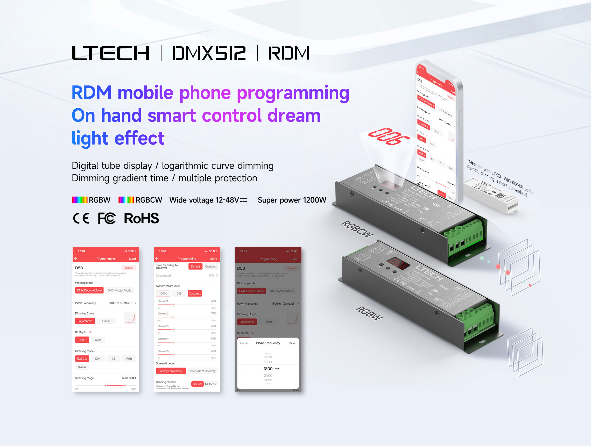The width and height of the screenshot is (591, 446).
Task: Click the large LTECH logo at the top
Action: point(110,53)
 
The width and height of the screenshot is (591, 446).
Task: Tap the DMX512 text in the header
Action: point(209,53)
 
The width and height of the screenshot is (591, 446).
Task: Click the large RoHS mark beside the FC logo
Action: point(141,218)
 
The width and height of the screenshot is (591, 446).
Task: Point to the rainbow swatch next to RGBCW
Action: point(126,200)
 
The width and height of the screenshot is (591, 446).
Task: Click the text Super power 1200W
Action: point(292,200)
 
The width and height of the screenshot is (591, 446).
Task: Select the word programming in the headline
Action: point(293,93)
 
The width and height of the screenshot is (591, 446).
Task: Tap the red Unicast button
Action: point(198,384)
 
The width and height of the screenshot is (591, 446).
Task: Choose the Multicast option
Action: point(211,384)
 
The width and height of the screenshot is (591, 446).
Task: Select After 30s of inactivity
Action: point(202,371)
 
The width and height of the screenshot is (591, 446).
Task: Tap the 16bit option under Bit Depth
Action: point(98,340)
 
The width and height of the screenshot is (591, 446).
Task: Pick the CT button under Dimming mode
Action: point(113,358)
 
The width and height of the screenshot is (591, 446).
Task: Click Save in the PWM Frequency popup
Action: point(292,343)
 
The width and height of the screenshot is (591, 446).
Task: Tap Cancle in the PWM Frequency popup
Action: point(244,343)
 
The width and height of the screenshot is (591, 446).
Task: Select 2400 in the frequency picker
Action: point(268,375)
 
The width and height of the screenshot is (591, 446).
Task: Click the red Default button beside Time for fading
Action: point(195,266)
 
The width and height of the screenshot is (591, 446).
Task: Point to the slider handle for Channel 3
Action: point(173,330)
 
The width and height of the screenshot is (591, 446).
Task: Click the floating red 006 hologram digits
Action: point(389,136)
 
